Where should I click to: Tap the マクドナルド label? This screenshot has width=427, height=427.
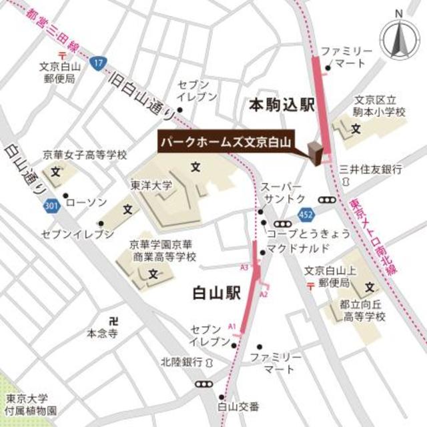pos(298,249)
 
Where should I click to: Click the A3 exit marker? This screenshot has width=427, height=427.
pos(244,267)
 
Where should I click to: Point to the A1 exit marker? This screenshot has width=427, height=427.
pos(232,326)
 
